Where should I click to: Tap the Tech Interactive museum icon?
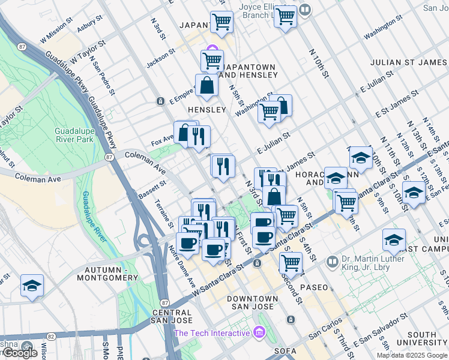259,331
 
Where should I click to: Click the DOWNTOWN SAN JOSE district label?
252,303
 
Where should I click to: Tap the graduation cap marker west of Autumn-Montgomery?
32,286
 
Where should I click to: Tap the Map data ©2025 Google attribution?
411,355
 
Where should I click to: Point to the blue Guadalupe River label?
95,216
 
